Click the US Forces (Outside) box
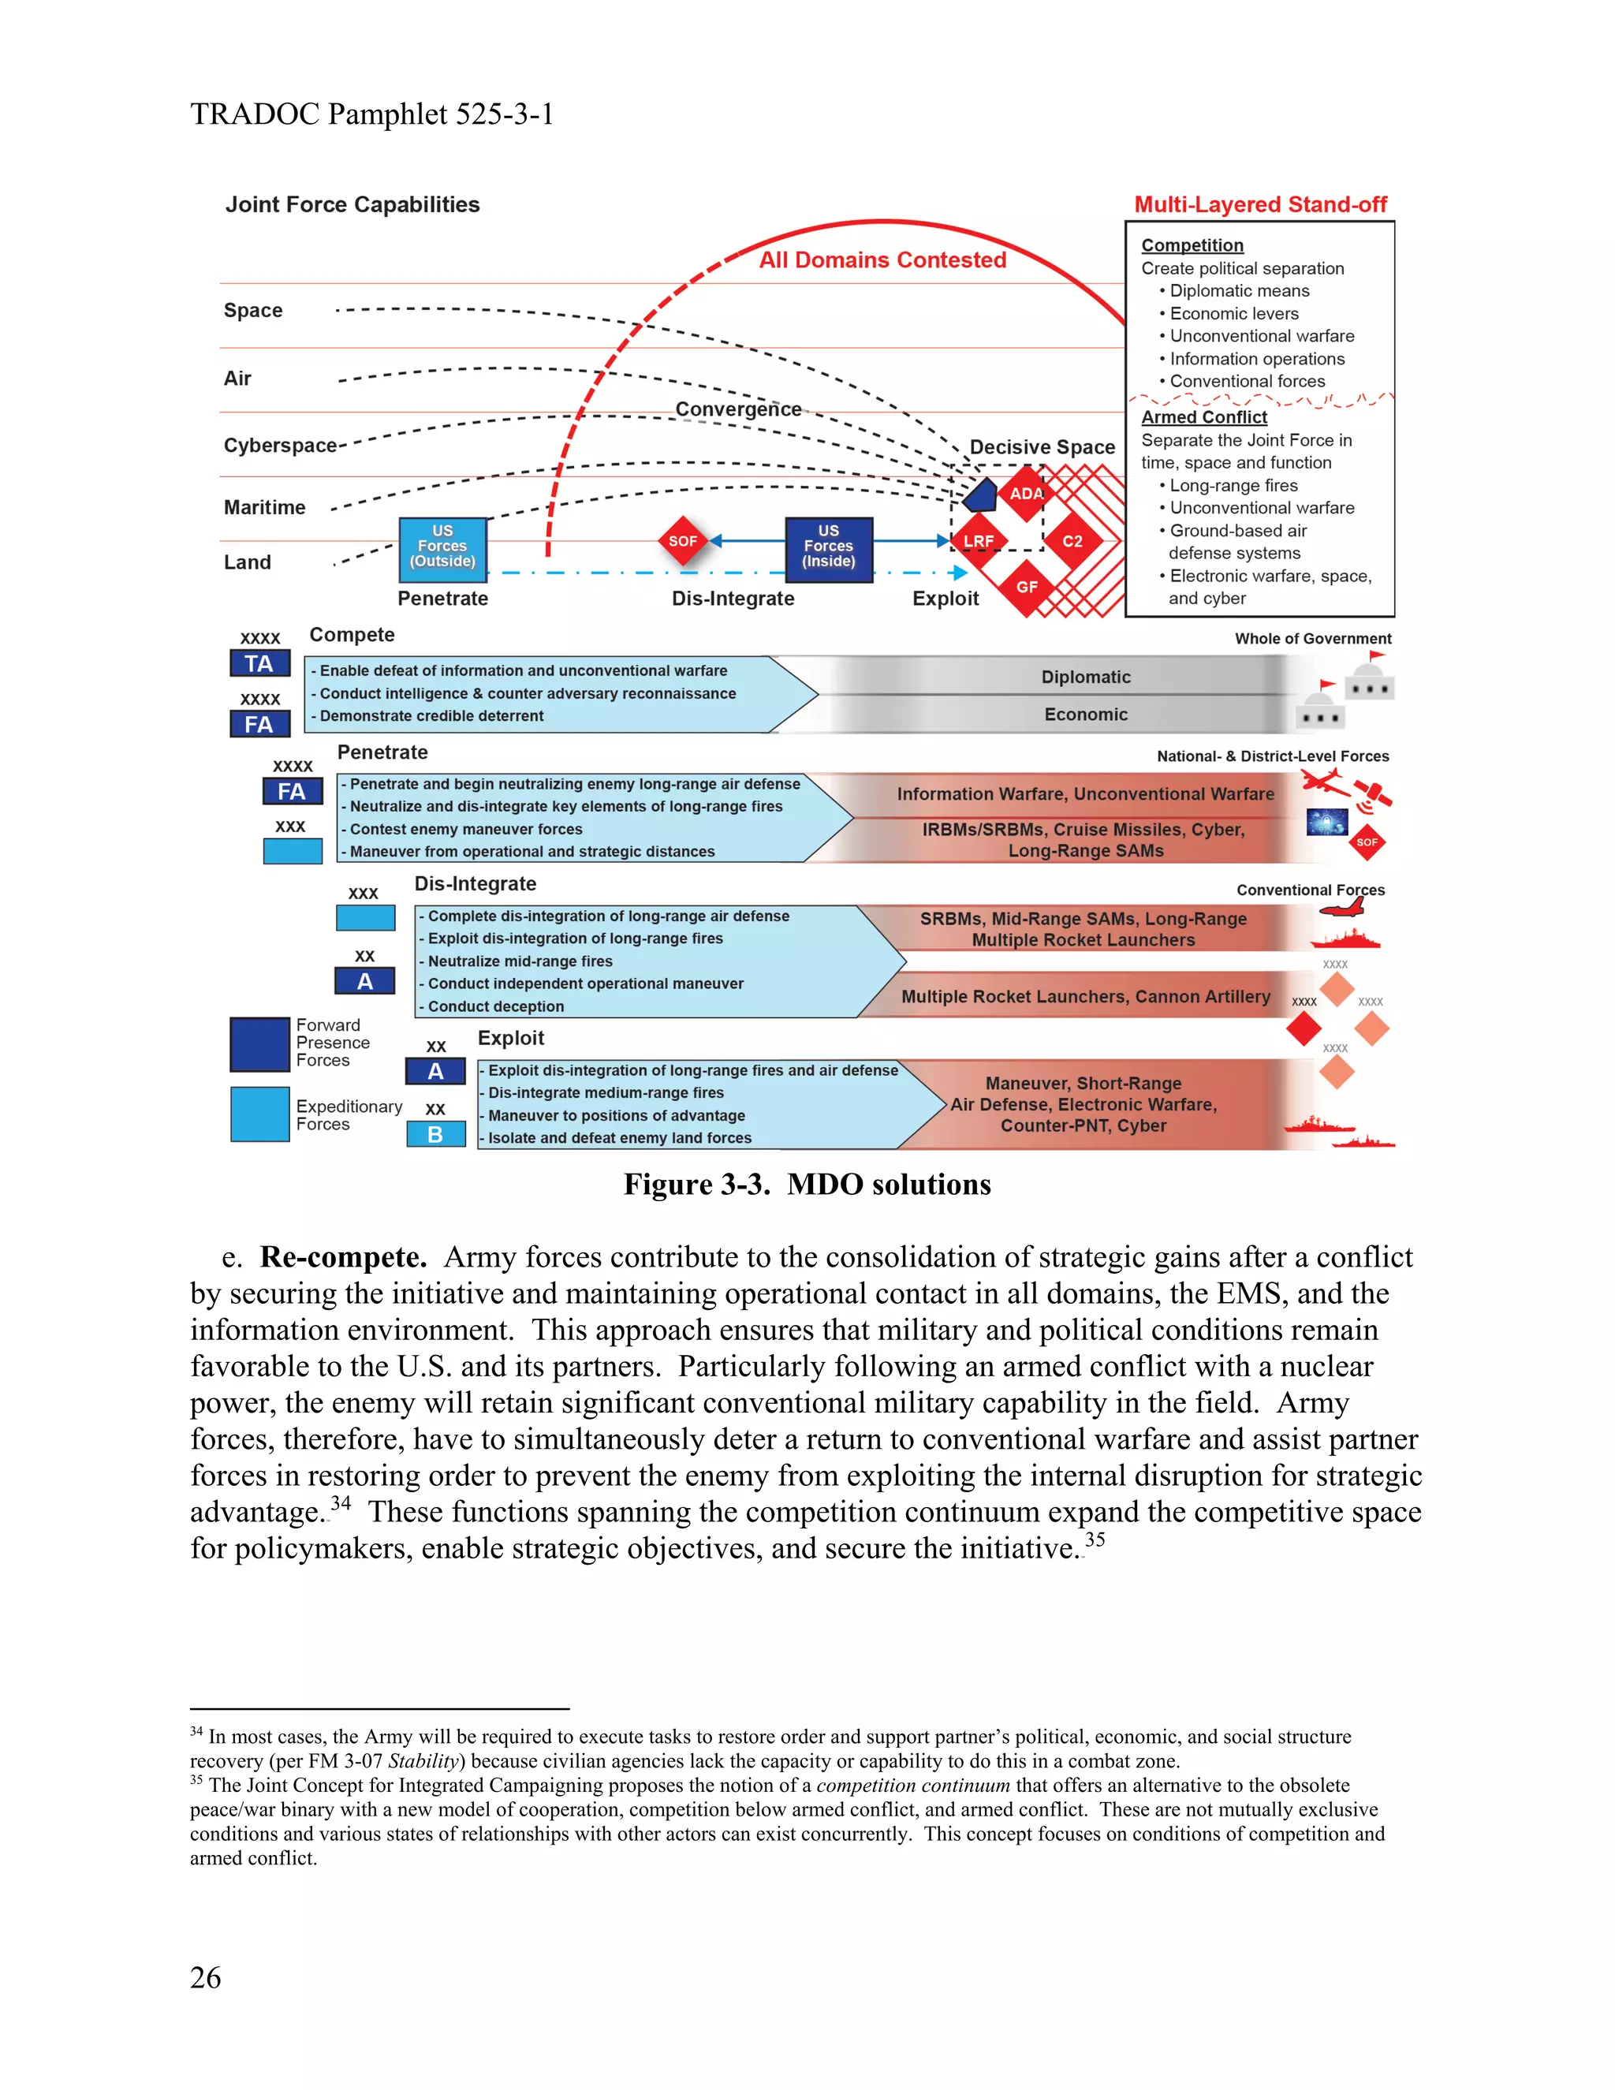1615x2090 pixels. pos(442,548)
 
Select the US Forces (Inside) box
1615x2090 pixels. pos(829,548)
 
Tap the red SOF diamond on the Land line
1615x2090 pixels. pos(682,541)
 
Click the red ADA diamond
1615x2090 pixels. pos(1026,493)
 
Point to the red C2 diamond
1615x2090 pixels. pos(1072,541)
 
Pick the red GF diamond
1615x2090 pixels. pos(1027,587)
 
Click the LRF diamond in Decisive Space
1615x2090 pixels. pos(978,541)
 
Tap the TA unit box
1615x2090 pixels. pos(259,663)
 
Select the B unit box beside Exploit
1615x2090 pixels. pos(435,1134)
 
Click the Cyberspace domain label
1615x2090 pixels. pos(279,445)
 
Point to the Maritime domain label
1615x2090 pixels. pos(264,507)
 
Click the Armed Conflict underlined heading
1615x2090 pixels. pos(1203,417)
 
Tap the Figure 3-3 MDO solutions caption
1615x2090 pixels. pos(807,1185)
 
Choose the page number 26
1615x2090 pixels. pos(206,1977)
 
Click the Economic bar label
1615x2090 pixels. pos(1085,714)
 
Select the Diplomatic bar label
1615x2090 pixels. pos(1085,677)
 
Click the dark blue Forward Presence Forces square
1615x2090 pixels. pos(259,1044)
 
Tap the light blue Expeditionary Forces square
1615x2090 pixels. pos(259,1114)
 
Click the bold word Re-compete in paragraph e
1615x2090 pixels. pos(342,1256)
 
